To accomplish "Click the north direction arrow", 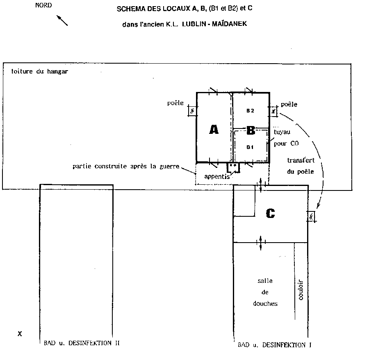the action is click(x=62, y=21).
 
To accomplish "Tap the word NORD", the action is click(x=43, y=5).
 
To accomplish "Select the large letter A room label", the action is click(x=214, y=130).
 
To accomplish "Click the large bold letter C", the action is click(x=271, y=213).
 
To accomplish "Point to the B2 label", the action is click(x=250, y=110).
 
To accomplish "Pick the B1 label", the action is click(x=250, y=147).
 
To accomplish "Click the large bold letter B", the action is click(x=251, y=130).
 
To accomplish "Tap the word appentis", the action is click(x=217, y=177).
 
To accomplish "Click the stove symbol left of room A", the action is click(x=192, y=111).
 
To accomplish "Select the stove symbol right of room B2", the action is click(x=273, y=111).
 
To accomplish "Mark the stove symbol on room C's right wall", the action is click(x=311, y=216).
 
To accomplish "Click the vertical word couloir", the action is click(x=301, y=290).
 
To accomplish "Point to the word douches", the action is click(x=265, y=303).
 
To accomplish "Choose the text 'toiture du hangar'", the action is click(x=39, y=71).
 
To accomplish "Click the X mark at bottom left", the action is click(x=20, y=334).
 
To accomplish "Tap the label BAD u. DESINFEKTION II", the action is click(x=82, y=343).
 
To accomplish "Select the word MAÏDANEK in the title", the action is click(x=229, y=23).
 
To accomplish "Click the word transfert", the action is click(x=301, y=160).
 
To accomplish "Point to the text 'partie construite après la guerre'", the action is click(x=126, y=166).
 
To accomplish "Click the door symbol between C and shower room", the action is click(x=260, y=243).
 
